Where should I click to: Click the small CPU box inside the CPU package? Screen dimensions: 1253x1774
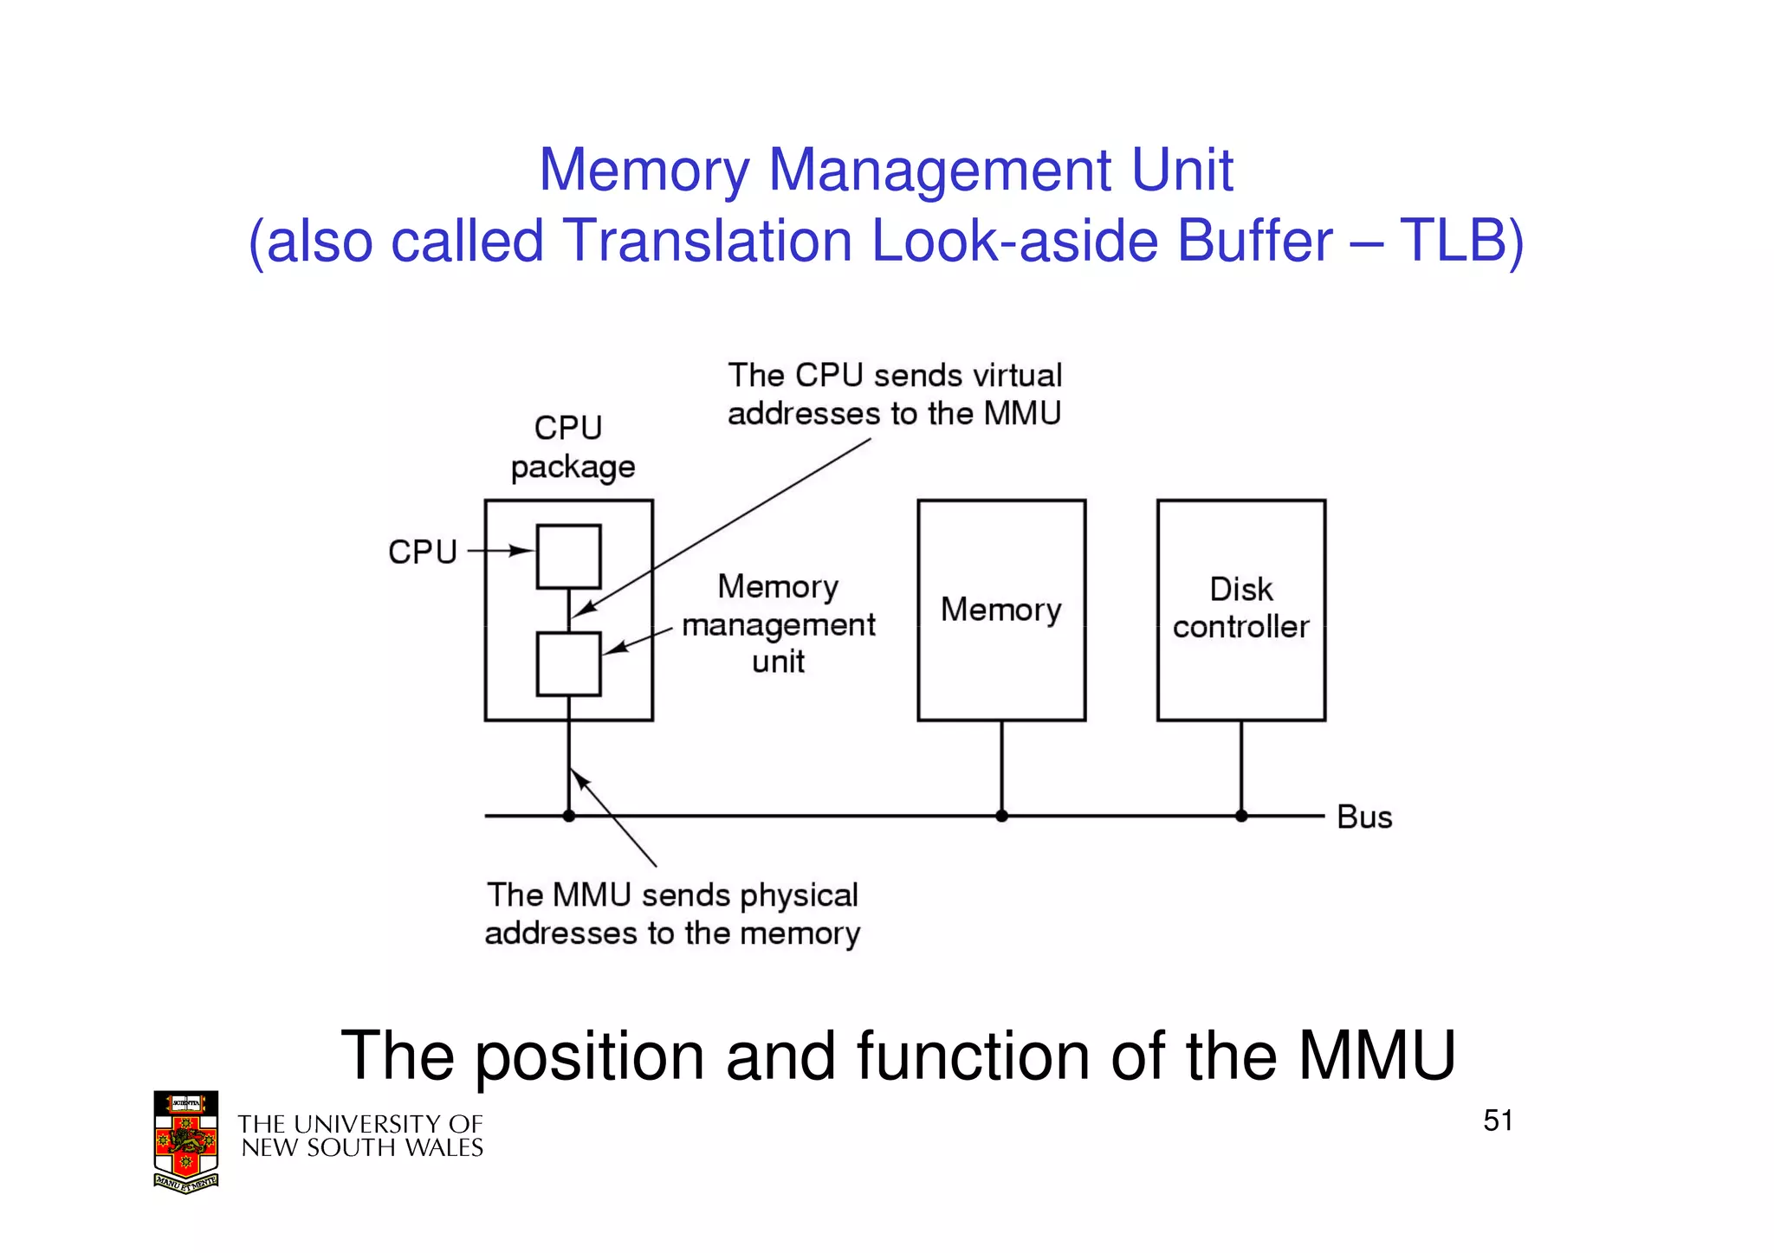point(568,556)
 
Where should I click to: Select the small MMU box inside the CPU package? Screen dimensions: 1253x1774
point(568,664)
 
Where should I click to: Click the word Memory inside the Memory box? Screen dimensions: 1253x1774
point(1000,610)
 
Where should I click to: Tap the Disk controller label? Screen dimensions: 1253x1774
point(1240,608)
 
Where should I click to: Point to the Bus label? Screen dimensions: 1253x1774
point(1363,817)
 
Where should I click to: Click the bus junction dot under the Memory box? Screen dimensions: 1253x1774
point(1001,816)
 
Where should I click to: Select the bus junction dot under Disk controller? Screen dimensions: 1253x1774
point(1240,816)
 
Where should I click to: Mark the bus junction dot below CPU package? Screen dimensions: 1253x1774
point(568,816)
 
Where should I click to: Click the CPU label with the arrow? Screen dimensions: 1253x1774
point(422,552)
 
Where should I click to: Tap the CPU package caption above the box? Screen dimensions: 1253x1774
point(572,448)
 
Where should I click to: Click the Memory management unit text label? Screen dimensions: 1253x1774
point(778,624)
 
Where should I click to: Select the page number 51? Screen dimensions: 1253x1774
point(1498,1121)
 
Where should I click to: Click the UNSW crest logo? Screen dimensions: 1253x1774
point(185,1141)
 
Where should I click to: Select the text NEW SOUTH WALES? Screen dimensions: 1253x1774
point(362,1148)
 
